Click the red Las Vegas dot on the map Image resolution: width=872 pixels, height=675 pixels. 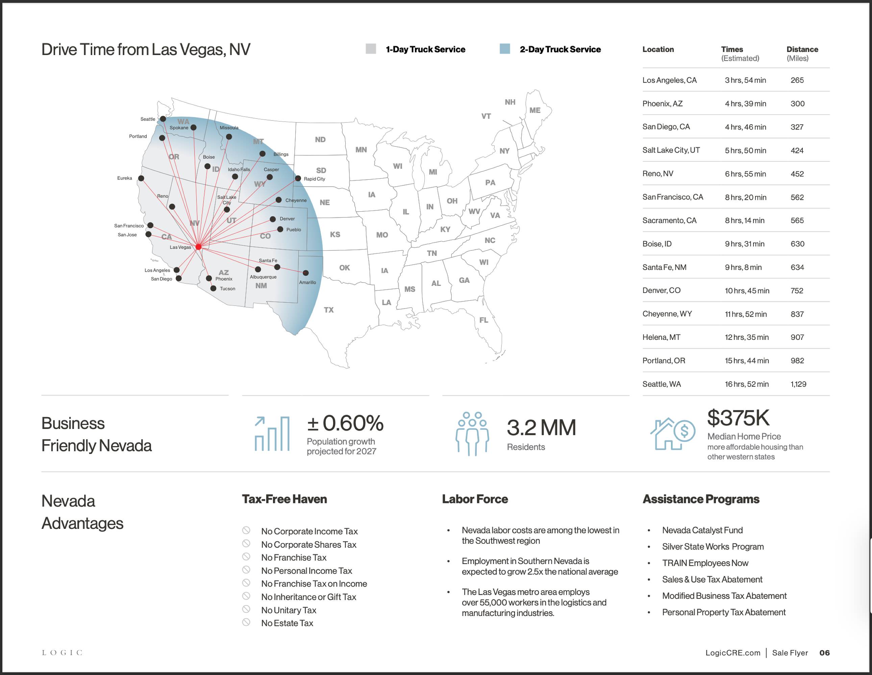[198, 247]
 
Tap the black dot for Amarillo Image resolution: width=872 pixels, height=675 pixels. [305, 273]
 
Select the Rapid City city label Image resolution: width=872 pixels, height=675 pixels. [314, 179]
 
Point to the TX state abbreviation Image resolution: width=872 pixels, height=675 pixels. [329, 309]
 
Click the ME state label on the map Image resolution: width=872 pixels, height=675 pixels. [534, 110]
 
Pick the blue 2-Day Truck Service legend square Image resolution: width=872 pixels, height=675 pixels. [505, 49]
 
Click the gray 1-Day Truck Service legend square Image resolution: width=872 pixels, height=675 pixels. [371, 49]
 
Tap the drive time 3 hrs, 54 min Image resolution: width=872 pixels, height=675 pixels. [745, 80]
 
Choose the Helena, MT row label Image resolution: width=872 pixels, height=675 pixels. [661, 337]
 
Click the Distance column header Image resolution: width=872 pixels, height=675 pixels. [802, 50]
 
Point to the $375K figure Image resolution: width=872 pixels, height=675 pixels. [738, 418]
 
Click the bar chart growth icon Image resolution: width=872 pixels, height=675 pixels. [272, 433]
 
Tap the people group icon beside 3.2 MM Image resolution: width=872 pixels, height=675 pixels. [472, 433]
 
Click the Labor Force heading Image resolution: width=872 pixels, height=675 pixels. [475, 499]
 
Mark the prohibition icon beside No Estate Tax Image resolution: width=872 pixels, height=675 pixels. [246, 622]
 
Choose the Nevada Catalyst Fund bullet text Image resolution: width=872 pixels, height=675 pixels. [702, 530]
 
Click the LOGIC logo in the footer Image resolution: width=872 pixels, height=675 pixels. [62, 653]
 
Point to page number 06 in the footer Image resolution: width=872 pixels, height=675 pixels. [824, 653]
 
